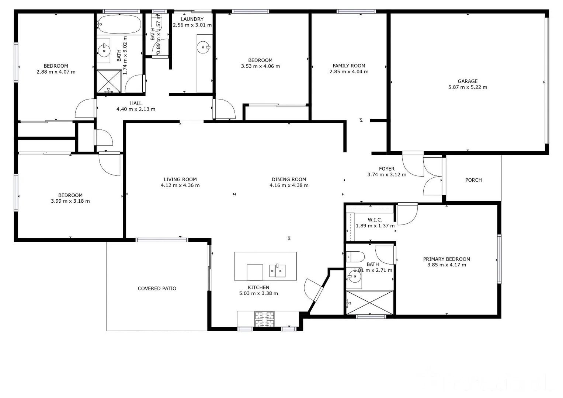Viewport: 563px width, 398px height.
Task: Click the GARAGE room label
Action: click(468, 81)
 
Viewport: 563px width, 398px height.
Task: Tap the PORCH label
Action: click(473, 180)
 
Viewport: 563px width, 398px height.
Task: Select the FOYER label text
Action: click(387, 169)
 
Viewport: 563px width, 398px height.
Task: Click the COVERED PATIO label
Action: click(157, 289)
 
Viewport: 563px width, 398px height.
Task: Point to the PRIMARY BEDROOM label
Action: click(446, 259)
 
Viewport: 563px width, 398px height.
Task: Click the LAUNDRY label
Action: click(192, 19)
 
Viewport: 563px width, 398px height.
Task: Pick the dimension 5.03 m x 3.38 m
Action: click(258, 294)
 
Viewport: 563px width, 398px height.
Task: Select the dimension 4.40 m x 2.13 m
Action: click(136, 109)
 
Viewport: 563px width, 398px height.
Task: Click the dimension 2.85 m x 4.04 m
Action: click(349, 72)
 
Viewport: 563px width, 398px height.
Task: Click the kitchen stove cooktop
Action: click(265, 320)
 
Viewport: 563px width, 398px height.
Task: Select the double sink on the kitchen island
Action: click(277, 270)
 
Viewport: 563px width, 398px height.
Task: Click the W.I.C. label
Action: click(375, 220)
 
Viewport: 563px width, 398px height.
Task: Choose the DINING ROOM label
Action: click(289, 179)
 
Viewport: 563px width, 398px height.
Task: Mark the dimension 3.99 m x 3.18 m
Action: click(70, 201)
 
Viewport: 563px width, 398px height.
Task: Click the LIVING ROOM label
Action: click(180, 179)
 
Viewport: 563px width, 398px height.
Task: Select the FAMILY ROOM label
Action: click(349, 66)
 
